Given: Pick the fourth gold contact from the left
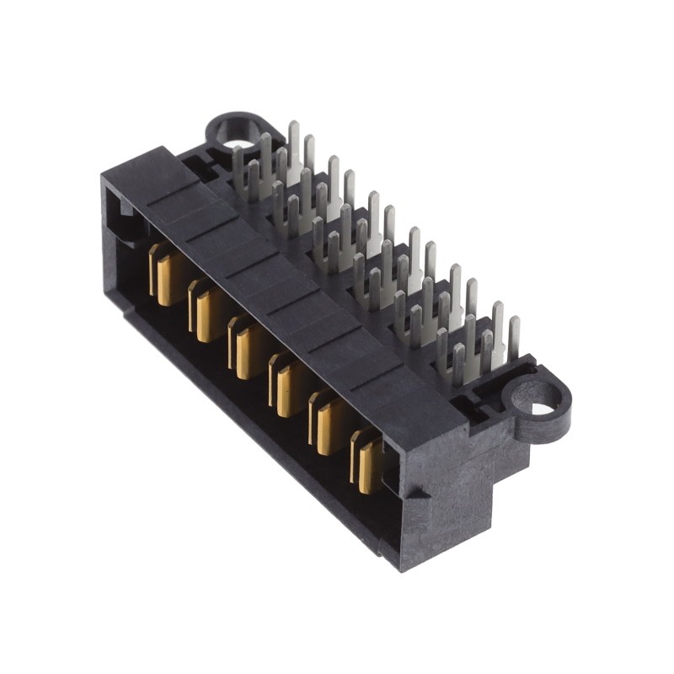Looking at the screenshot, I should coord(286,385).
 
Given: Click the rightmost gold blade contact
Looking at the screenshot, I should coord(369,462).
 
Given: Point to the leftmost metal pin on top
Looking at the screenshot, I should coord(238,173).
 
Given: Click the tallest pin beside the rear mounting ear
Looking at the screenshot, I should coord(293,143).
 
